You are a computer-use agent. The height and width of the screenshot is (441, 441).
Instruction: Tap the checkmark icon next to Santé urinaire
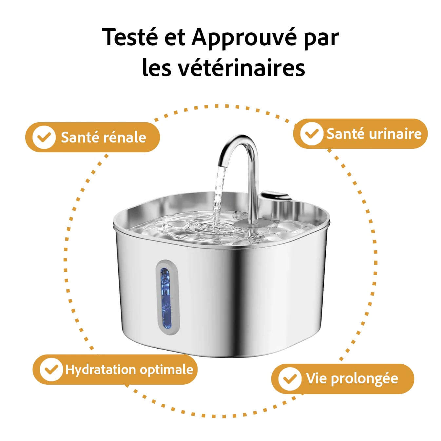click(x=311, y=134)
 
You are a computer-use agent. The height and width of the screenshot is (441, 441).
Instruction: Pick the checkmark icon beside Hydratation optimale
click(x=51, y=370)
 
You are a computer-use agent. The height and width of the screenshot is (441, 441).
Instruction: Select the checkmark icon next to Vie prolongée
click(x=290, y=379)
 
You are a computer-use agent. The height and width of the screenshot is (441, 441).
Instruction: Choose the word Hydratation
click(x=101, y=370)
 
